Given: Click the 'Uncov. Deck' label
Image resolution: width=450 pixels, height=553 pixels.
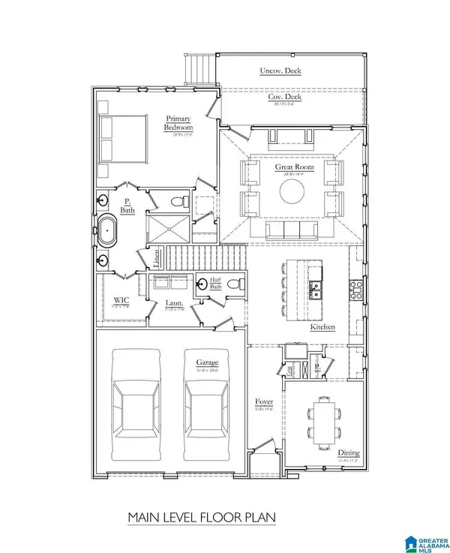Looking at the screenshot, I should [x=280, y=71].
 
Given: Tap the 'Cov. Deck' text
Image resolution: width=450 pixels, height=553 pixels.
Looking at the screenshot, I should [x=280, y=97].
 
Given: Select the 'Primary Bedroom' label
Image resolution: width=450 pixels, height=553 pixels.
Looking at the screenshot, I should [x=178, y=123].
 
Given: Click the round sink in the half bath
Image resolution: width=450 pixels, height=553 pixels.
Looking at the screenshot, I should [x=202, y=284].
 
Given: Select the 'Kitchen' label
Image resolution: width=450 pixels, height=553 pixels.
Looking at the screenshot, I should [x=324, y=328].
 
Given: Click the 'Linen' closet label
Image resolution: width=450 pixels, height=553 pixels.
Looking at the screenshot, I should [x=157, y=259].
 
